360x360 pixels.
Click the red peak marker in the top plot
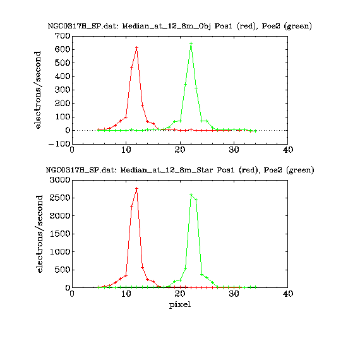(x=137, y=48)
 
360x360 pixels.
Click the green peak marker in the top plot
(x=191, y=43)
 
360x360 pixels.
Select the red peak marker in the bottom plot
(x=137, y=188)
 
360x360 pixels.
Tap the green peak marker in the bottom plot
(x=191, y=195)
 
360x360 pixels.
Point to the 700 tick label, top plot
(x=63, y=36)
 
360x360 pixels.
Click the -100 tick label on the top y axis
(x=59, y=144)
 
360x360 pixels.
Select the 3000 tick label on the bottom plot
(x=60, y=180)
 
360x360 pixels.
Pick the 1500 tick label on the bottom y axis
(x=60, y=234)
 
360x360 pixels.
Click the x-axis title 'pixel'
(x=180, y=305)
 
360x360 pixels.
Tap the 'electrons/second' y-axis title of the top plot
(x=37, y=90)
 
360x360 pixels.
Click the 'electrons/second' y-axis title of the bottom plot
(x=40, y=234)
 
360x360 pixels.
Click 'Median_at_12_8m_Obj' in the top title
(x=167, y=26)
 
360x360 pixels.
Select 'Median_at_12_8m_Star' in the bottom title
(x=167, y=170)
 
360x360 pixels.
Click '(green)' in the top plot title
(x=297, y=26)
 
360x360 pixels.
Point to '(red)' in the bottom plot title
(x=249, y=170)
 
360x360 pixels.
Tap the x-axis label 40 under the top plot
(x=288, y=150)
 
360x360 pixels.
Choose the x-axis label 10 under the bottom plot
(x=126, y=294)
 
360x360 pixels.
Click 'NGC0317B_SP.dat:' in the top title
(x=83, y=26)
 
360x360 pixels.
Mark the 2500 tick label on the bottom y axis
(x=60, y=198)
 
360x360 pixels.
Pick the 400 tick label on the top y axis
(x=63, y=76)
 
